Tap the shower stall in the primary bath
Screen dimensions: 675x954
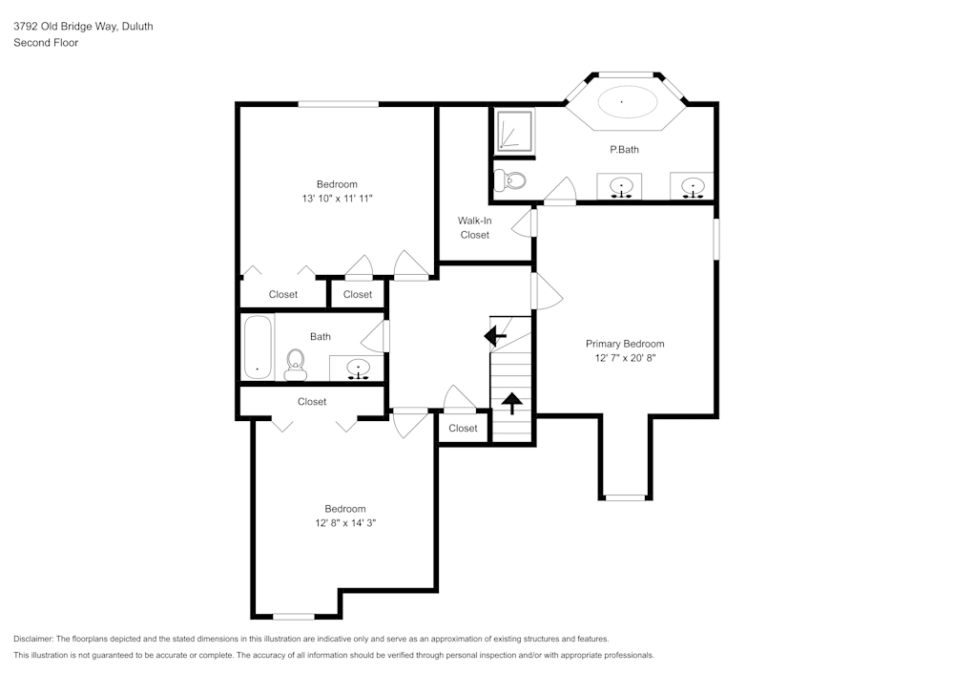(x=513, y=132)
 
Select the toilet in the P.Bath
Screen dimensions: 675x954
(x=511, y=180)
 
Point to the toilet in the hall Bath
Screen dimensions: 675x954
(x=295, y=363)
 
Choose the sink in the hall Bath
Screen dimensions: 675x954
(x=359, y=368)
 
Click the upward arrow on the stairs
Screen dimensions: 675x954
(x=512, y=403)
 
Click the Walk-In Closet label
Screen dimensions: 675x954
(x=474, y=227)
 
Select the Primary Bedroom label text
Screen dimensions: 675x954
(x=625, y=344)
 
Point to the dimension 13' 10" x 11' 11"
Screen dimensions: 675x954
(x=337, y=199)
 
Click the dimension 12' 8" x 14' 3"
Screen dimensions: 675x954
(x=344, y=523)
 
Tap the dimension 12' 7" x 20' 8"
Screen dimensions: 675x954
(x=625, y=358)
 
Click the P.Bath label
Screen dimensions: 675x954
(x=624, y=150)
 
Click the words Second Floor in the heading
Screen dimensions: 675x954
(x=46, y=43)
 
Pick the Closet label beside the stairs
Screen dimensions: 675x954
(x=463, y=428)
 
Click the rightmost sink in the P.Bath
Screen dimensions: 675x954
(x=693, y=186)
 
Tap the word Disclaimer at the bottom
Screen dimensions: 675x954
(x=34, y=639)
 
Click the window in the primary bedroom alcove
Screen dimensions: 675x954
(x=626, y=497)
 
